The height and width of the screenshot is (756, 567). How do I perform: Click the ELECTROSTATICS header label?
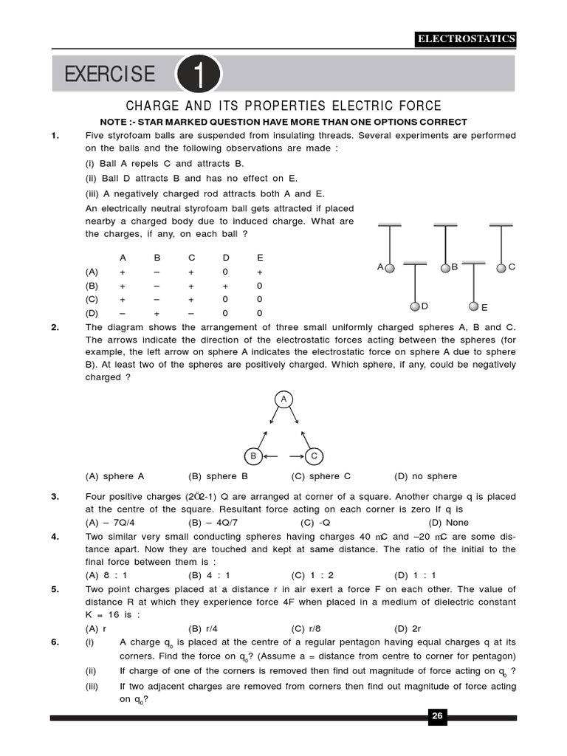point(466,39)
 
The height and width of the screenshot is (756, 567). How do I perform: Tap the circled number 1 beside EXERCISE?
point(197,75)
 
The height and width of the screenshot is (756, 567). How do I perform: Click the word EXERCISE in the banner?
point(110,75)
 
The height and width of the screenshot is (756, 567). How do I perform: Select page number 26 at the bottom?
point(436,716)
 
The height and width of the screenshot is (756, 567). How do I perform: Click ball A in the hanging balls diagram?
point(391,268)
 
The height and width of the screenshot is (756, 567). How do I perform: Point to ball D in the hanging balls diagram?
point(416,306)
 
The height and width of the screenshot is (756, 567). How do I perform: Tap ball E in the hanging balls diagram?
point(473,306)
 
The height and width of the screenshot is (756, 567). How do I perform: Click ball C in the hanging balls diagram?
point(501,267)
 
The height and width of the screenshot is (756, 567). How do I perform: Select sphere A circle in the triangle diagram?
point(283,399)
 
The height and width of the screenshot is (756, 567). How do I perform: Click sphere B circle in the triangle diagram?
point(253,456)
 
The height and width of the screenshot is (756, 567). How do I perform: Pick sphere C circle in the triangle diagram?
point(313,456)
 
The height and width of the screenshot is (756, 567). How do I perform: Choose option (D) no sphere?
point(426,476)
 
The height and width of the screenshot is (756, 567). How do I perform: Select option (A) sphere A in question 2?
point(115,476)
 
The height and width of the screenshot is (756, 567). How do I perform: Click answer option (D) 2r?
point(408,628)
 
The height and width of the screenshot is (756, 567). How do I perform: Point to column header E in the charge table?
point(259,258)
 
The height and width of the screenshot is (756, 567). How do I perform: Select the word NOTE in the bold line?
point(115,122)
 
